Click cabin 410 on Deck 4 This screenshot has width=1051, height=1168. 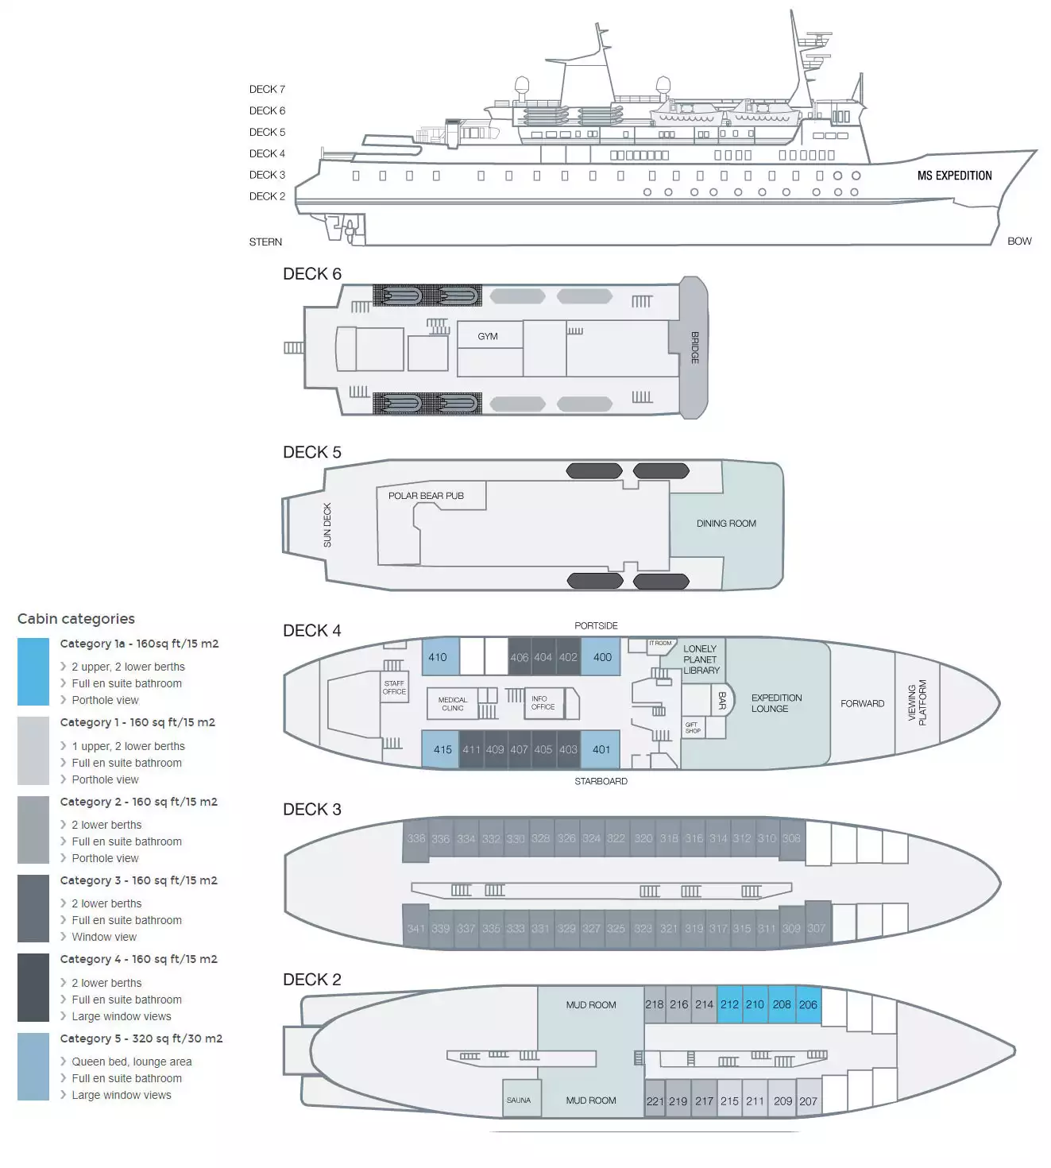tap(439, 657)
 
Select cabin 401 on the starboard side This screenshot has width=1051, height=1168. tap(601, 749)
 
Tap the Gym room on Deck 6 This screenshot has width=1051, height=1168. tap(488, 336)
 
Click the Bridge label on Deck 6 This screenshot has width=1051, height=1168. tap(694, 347)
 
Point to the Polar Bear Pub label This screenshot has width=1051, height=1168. tap(426, 496)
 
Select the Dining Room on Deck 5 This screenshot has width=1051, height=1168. tap(726, 524)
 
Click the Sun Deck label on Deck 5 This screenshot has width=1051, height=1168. tap(327, 525)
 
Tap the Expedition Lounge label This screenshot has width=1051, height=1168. tap(776, 703)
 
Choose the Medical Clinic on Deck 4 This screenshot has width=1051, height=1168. tap(453, 704)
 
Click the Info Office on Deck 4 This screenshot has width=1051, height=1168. tap(543, 702)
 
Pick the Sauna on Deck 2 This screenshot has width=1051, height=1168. tap(519, 1100)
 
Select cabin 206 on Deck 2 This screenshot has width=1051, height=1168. tap(808, 1004)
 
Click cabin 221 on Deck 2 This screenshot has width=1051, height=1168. tap(655, 1101)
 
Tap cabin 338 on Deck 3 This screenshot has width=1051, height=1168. tap(415, 839)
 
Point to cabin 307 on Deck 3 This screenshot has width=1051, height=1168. tap(817, 928)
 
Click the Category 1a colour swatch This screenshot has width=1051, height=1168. tap(33, 671)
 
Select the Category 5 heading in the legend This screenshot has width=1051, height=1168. tap(141, 1038)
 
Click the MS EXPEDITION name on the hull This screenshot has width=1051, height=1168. tap(954, 176)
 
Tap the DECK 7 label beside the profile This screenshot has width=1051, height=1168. tap(267, 89)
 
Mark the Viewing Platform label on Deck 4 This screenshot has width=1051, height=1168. tap(917, 702)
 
